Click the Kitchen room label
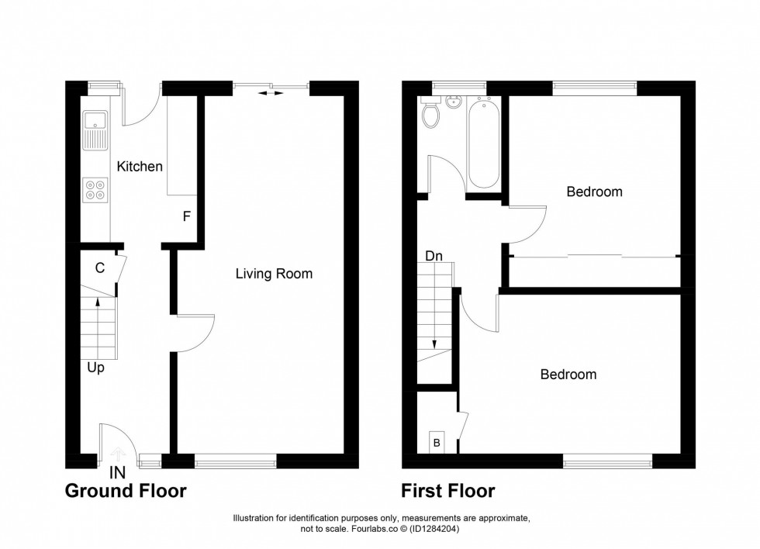[x=140, y=166]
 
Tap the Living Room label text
[x=274, y=274]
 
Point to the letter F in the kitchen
[x=186, y=216]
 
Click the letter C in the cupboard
[x=99, y=268]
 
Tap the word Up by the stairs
[x=95, y=368]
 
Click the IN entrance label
[x=117, y=471]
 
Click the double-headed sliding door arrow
[x=271, y=93]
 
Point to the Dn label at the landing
[x=434, y=255]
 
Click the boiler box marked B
[x=436, y=443]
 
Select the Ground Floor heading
[x=125, y=491]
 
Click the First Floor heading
[x=447, y=491]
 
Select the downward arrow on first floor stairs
[x=434, y=341]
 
